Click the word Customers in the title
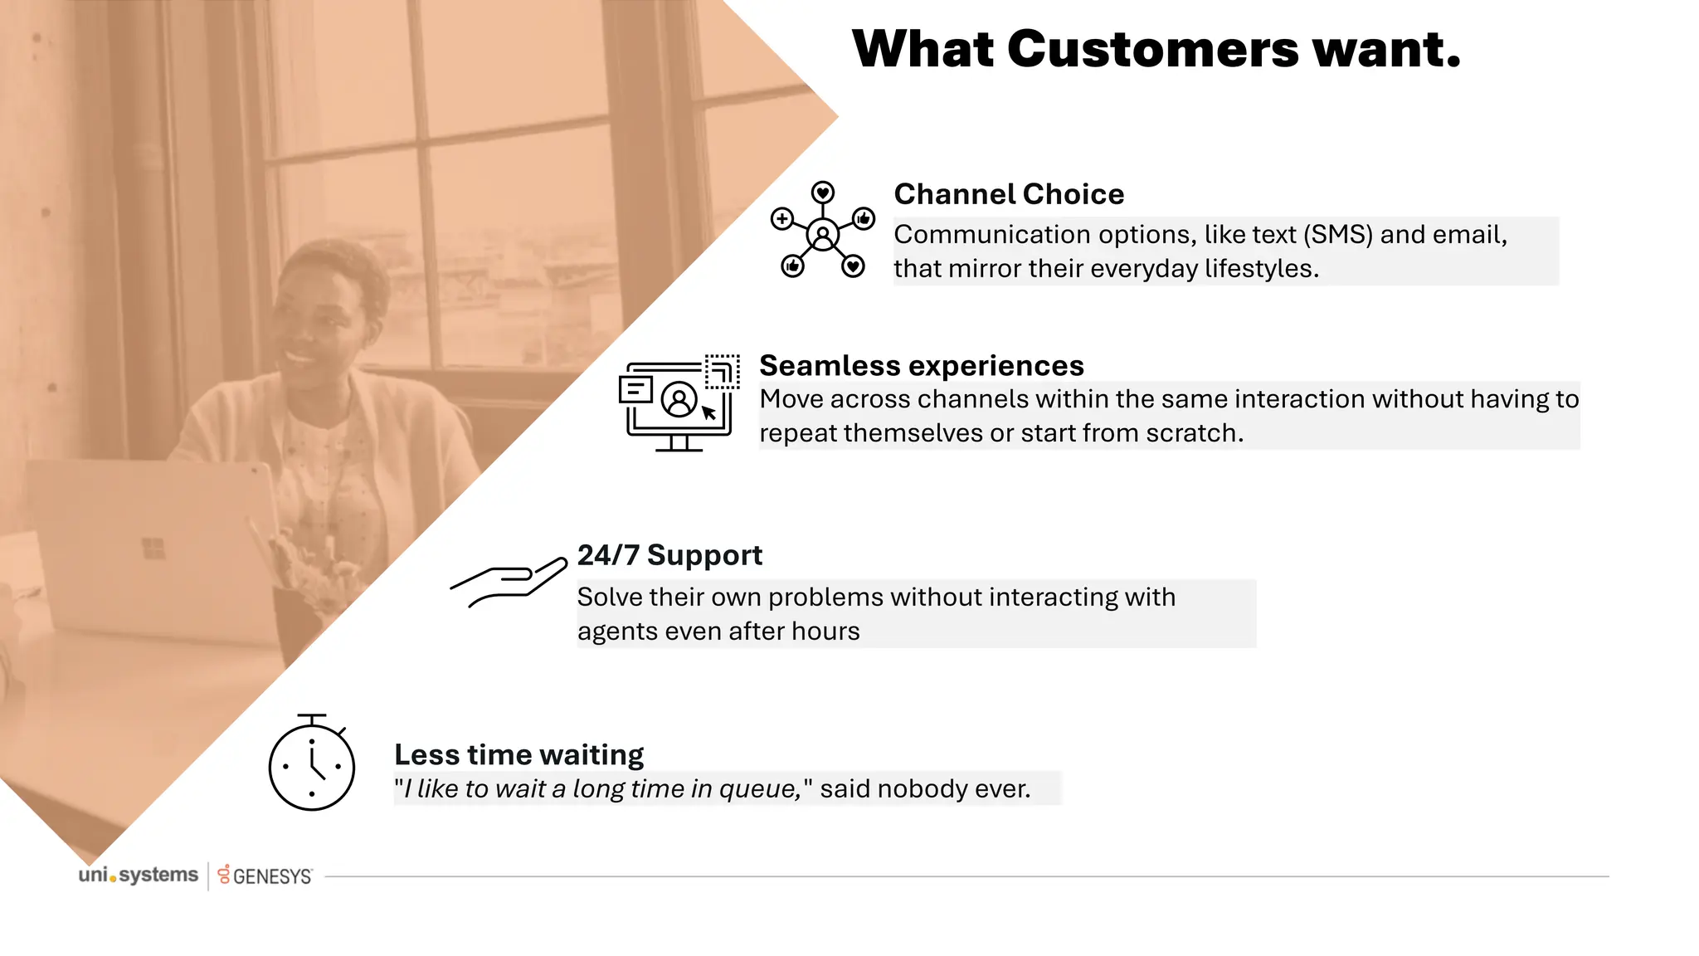[1152, 50]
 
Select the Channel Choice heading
[1008, 194]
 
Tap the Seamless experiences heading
[921, 366]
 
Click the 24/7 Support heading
[669, 555]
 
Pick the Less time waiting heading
[518, 755]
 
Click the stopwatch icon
[312, 764]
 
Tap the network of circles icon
[822, 231]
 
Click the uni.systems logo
[139, 876]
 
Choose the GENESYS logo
[265, 876]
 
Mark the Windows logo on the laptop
[153, 549]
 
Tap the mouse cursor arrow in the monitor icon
[708, 412]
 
